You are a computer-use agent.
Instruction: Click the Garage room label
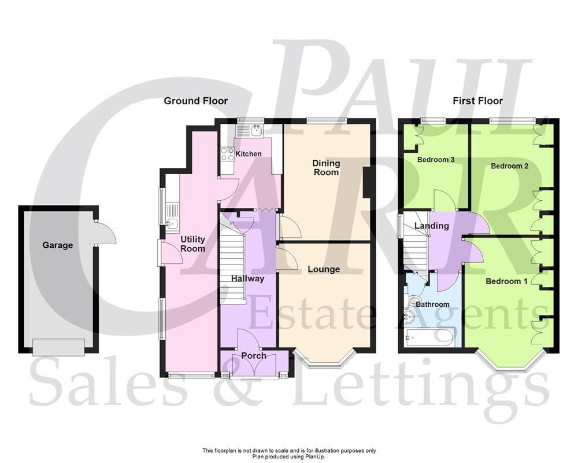pyautogui.click(x=58, y=245)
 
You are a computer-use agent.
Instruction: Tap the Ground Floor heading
pyautogui.click(x=196, y=101)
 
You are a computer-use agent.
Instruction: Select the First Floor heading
pyautogui.click(x=477, y=101)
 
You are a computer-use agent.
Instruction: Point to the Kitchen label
pyautogui.click(x=249, y=154)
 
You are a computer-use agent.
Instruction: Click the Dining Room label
pyautogui.click(x=326, y=167)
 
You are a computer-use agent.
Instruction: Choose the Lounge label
pyautogui.click(x=324, y=269)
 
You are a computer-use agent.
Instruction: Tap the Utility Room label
pyautogui.click(x=192, y=244)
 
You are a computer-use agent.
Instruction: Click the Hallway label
pyautogui.click(x=247, y=278)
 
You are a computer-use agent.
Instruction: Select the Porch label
pyautogui.click(x=254, y=355)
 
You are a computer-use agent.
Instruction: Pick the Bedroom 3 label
pyautogui.click(x=436, y=160)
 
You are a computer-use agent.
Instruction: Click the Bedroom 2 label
pyautogui.click(x=510, y=166)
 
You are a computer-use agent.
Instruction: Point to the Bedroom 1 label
pyautogui.click(x=506, y=281)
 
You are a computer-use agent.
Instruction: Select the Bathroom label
pyautogui.click(x=432, y=304)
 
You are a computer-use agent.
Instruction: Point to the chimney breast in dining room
pyautogui.click(x=368, y=182)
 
